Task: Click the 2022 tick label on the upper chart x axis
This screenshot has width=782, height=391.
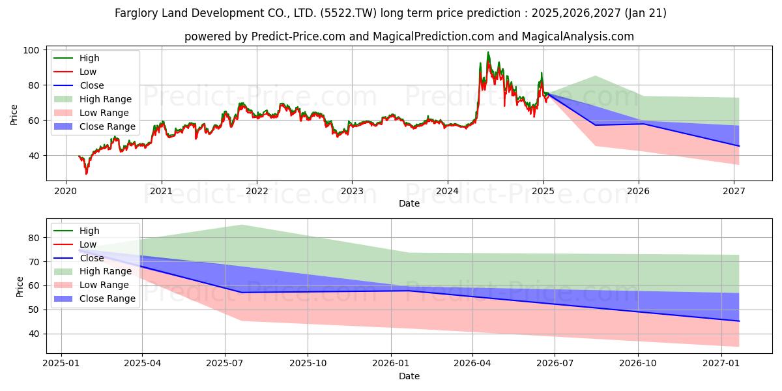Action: point(257,191)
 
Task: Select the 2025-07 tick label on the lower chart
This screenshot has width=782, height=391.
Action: point(225,364)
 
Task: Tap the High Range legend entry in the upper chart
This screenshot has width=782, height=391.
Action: point(106,99)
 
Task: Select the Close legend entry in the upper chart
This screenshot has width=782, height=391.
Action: point(91,85)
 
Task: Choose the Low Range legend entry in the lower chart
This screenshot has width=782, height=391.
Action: point(104,285)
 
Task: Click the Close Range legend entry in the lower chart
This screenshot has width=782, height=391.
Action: point(108,298)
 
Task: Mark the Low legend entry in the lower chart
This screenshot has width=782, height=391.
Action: point(88,244)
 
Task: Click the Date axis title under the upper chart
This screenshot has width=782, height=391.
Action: point(409,203)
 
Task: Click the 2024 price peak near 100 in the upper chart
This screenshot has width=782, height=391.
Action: point(487,53)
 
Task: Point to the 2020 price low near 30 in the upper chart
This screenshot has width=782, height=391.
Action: point(86,173)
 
